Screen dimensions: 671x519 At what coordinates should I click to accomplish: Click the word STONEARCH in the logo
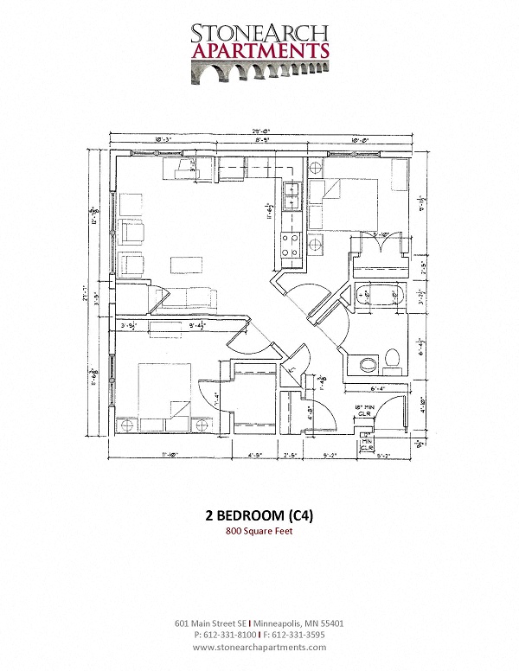[x=259, y=32]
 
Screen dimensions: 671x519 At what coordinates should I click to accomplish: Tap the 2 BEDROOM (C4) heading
[x=259, y=515]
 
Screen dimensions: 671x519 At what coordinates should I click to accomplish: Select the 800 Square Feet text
[x=259, y=532]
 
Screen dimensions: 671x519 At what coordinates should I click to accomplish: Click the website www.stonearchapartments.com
[x=259, y=647]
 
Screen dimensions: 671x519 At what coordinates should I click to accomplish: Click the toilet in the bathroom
[x=392, y=356]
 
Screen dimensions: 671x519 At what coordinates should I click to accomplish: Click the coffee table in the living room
[x=183, y=263]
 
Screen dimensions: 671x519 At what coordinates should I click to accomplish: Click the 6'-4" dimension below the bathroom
[x=378, y=388]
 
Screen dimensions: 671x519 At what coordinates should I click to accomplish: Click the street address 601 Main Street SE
[x=210, y=623]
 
